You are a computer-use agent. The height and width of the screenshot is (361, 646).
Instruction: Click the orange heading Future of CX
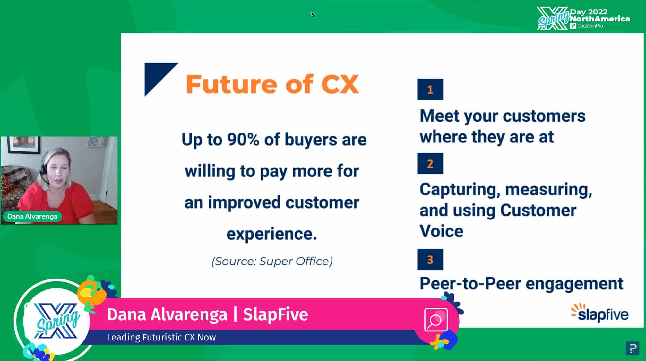click(272, 84)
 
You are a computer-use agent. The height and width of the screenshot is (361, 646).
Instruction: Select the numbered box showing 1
click(430, 89)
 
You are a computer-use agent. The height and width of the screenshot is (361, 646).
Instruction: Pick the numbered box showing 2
click(430, 164)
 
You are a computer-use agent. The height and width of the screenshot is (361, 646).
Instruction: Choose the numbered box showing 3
click(430, 259)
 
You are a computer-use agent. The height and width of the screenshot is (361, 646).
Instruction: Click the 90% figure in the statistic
click(243, 140)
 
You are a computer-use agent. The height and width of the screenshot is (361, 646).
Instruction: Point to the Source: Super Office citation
click(272, 261)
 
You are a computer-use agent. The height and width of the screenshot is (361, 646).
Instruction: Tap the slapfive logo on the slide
click(599, 313)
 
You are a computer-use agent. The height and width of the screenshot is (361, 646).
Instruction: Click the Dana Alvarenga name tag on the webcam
click(32, 216)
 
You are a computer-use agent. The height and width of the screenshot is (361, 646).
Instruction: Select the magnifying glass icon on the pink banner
click(435, 320)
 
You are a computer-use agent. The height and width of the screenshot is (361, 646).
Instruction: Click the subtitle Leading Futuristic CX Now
click(161, 337)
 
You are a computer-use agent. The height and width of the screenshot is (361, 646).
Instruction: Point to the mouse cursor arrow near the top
click(313, 14)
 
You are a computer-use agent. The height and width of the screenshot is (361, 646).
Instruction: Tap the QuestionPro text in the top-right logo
click(590, 26)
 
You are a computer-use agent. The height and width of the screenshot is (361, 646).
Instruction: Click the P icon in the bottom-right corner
click(633, 348)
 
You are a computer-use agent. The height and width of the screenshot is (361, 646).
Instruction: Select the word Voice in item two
click(442, 231)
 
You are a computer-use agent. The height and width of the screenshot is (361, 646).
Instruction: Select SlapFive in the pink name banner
click(275, 314)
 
